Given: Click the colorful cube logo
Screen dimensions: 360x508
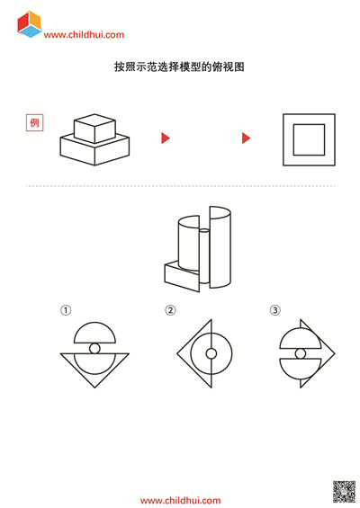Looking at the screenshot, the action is tap(30, 24).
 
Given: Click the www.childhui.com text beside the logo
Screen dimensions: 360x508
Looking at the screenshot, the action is tap(84, 35).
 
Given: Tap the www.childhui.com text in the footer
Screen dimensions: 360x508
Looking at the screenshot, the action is tap(180, 501).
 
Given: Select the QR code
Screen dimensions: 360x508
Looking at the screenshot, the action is tap(344, 492).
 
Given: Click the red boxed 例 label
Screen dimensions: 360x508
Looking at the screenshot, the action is tap(35, 123).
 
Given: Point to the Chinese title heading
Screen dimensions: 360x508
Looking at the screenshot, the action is tap(179, 67).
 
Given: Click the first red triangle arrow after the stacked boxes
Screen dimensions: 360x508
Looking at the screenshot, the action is tap(166, 138).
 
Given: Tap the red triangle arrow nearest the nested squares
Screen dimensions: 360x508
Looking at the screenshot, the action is tap(247, 138).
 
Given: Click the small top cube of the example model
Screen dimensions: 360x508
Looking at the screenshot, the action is tap(94, 129).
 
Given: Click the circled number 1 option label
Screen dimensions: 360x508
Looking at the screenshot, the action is tap(66, 310).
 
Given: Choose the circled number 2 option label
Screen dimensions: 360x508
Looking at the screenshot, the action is tap(171, 310).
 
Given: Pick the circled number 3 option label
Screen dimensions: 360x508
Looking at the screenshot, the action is tap(275, 310).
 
